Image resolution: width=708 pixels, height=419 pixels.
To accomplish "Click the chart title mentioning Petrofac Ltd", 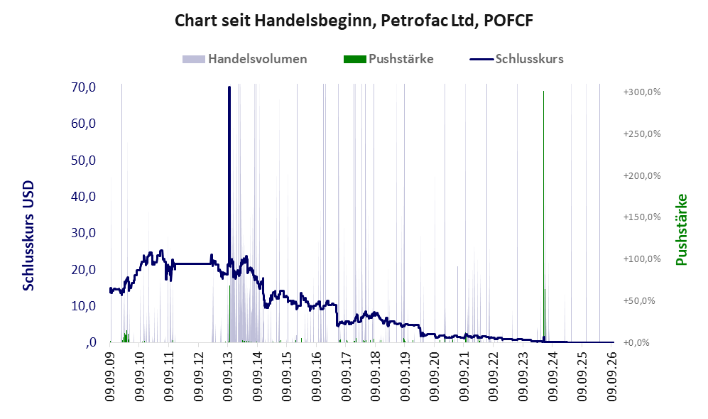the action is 354,21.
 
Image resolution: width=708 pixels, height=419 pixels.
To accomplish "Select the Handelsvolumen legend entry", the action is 245,59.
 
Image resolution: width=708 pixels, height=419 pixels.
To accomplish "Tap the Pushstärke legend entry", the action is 388,59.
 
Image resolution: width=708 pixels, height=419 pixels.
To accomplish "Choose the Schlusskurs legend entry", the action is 516,59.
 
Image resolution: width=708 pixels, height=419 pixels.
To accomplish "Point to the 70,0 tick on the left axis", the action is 84,87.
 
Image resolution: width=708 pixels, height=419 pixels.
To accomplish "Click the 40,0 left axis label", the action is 84,197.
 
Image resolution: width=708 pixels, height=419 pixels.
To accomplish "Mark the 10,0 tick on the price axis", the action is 84,305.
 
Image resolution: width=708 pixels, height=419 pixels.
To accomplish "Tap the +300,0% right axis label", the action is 642,92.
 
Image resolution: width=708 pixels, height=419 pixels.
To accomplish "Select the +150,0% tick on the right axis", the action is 642,217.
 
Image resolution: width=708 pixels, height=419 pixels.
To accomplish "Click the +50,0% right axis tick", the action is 639,300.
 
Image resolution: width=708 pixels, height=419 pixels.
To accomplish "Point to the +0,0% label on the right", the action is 636,343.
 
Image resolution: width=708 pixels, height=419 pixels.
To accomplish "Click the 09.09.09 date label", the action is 110,374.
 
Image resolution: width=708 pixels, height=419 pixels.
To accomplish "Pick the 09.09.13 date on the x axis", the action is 228,374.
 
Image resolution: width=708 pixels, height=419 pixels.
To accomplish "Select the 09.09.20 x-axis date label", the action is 435,374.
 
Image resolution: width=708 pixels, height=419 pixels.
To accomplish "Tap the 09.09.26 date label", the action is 611,374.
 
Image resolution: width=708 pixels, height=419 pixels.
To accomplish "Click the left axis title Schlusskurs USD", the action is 28,236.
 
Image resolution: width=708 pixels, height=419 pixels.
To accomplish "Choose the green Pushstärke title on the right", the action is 681,230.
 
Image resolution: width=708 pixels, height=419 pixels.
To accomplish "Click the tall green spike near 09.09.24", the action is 544,217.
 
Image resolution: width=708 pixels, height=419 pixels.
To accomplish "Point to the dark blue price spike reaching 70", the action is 229,176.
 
